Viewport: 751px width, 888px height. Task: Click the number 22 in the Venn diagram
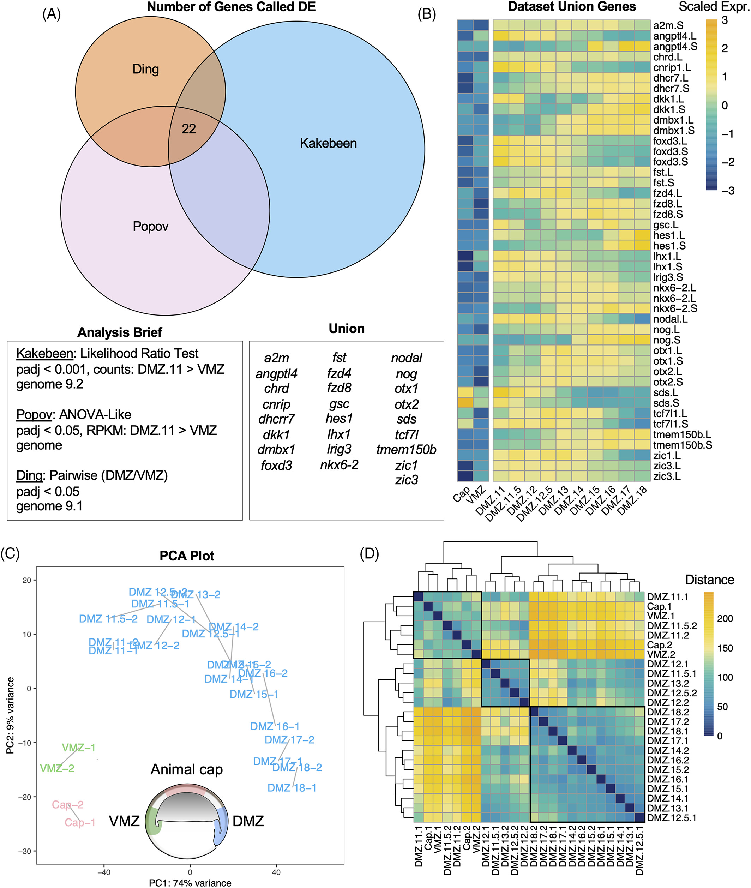188,128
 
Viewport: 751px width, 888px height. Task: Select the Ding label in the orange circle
146,69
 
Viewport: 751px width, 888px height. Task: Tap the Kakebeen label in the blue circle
328,143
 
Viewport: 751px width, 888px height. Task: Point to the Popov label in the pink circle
150,226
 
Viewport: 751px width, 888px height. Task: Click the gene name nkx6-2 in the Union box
339,465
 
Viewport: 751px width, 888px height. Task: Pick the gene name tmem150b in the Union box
406,450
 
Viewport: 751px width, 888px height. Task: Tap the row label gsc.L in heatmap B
666,225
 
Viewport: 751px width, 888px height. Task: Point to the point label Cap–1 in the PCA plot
80,822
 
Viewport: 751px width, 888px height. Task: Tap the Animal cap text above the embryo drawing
186,769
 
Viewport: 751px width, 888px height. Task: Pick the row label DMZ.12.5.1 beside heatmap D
671,818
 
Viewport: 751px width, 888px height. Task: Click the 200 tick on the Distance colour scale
725,619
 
